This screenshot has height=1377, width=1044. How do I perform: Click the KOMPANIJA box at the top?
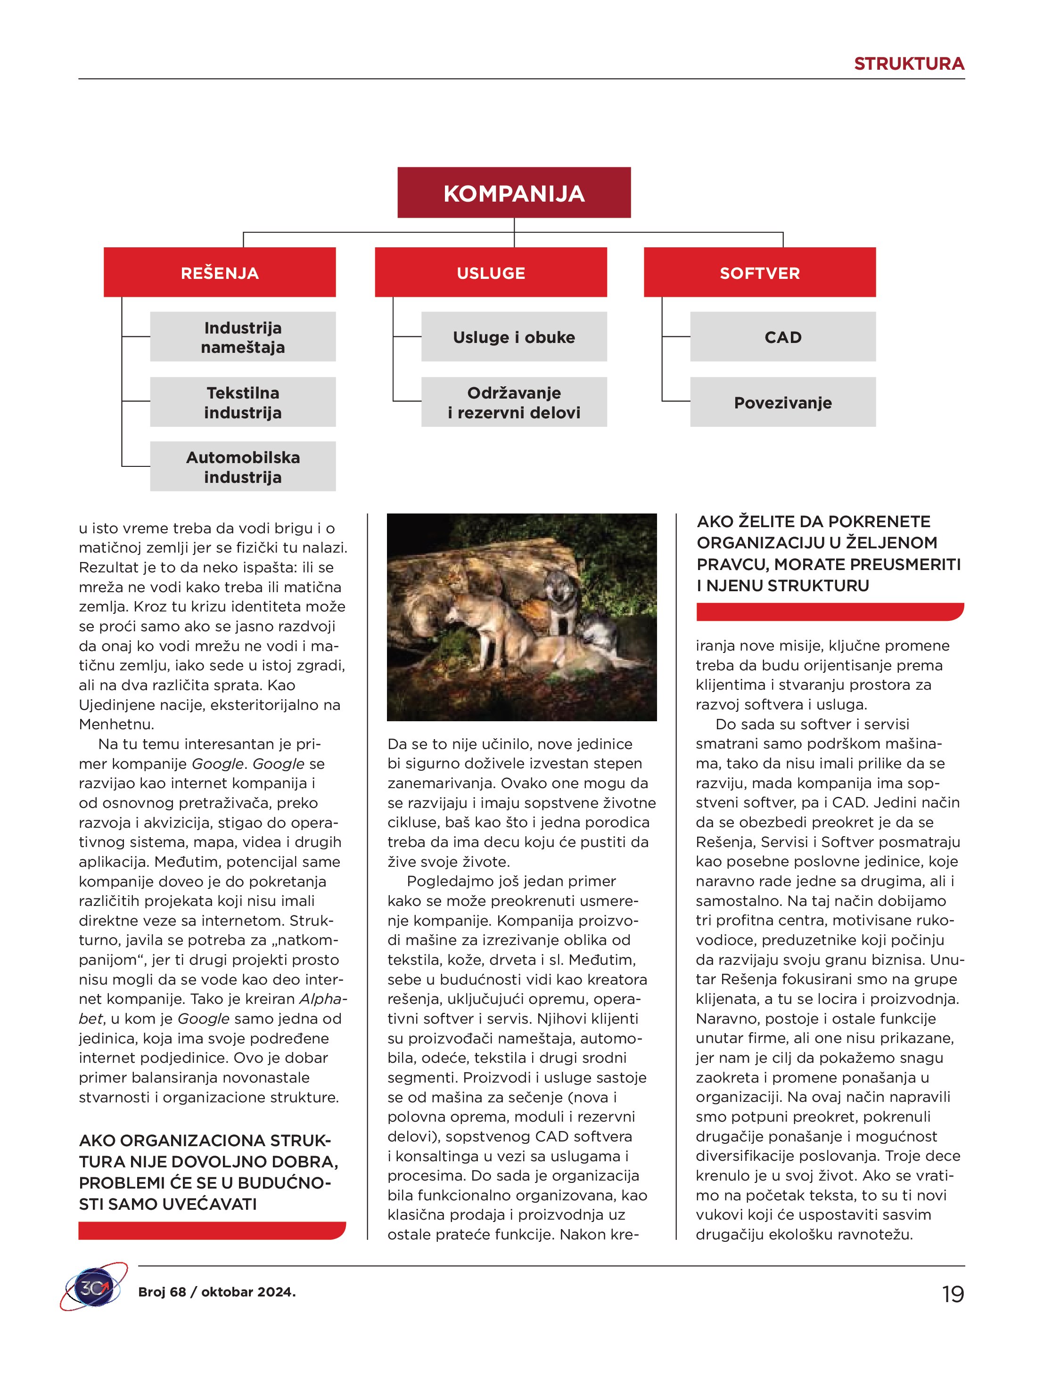(514, 193)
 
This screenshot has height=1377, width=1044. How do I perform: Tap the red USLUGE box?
(491, 273)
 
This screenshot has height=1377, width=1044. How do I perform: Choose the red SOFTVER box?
(759, 273)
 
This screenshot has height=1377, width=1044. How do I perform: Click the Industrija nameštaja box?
(242, 337)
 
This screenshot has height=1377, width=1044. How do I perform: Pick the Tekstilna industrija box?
(242, 402)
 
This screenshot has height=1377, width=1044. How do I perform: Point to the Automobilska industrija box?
(242, 467)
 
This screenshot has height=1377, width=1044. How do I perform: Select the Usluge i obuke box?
(514, 337)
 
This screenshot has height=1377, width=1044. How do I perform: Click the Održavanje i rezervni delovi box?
(514, 402)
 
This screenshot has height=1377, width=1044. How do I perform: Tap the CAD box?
(782, 337)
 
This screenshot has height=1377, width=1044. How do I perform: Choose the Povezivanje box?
(782, 402)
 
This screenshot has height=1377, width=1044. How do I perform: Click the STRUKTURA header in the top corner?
(908, 64)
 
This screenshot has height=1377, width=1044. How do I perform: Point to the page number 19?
(953, 1294)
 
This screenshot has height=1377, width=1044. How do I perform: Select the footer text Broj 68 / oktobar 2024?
(217, 1292)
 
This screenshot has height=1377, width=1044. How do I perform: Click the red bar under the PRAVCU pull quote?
(830, 612)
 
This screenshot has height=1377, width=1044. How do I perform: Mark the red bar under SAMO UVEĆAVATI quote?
(212, 1230)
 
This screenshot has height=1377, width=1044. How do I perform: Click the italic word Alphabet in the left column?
(323, 999)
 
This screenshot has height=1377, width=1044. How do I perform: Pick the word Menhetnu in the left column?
(116, 725)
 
